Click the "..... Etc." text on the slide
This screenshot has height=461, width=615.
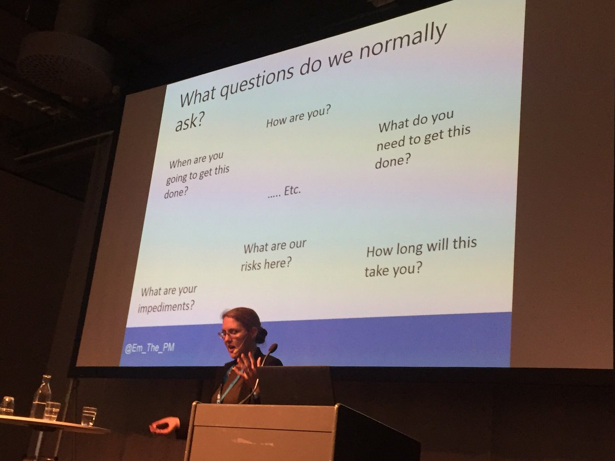(x=284, y=192)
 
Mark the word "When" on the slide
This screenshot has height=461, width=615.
(x=180, y=163)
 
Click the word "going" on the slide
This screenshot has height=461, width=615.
(x=178, y=179)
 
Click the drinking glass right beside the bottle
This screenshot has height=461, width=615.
(x=52, y=411)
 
